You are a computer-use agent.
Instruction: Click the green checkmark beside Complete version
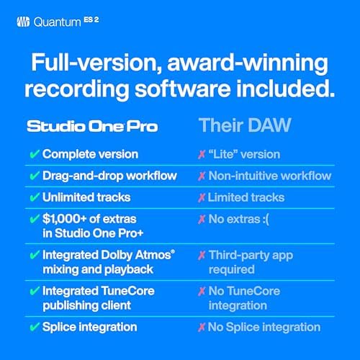coord(34,154)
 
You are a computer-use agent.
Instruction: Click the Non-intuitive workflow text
coord(269,176)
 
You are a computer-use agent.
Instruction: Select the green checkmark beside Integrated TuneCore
coord(34,290)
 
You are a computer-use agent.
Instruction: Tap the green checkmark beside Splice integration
coord(34,326)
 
